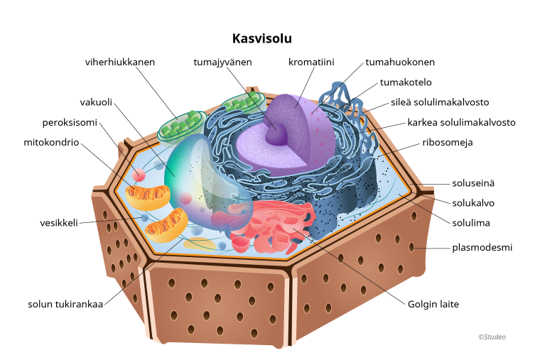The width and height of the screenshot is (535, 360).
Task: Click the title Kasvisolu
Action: point(262,38)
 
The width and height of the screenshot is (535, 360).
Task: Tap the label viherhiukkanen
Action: point(120,62)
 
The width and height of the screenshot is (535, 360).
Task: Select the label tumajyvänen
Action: point(222,62)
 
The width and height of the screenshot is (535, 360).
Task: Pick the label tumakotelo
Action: point(406,82)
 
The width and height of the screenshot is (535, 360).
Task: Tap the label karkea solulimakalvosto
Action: point(461,122)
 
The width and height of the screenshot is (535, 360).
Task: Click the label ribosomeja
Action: point(448,142)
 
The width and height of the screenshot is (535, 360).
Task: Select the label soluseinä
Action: point(473,182)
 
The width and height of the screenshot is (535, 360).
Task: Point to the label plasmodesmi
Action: point(482,248)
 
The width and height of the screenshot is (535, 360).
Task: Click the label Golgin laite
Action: point(433,305)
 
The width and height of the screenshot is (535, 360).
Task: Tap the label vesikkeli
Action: point(58,222)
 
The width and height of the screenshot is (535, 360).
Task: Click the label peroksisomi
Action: point(69,122)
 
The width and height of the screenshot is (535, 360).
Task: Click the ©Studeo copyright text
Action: point(492,337)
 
